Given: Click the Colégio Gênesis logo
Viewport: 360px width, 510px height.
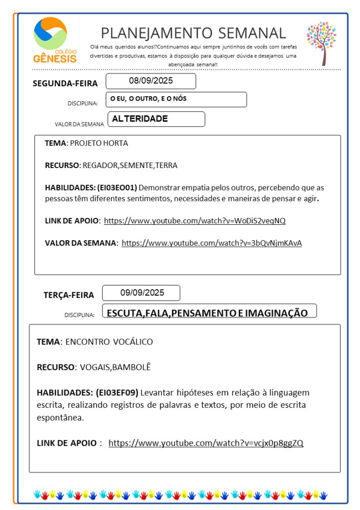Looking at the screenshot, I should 55,40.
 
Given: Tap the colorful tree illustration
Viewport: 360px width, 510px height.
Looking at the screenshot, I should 322,42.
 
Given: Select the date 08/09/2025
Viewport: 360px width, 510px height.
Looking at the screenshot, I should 151,81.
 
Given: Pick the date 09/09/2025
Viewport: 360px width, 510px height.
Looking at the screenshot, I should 142,293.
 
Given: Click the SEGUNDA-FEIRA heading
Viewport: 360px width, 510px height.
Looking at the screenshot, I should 65,83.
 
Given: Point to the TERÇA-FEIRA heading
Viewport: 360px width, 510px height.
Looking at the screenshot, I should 69,295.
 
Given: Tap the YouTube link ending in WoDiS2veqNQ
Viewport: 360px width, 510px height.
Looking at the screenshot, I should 194,220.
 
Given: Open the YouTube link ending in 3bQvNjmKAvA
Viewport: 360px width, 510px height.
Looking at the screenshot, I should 211,243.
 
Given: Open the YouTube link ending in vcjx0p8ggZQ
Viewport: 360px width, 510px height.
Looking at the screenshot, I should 205,443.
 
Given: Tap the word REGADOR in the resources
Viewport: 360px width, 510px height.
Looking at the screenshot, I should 98,166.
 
